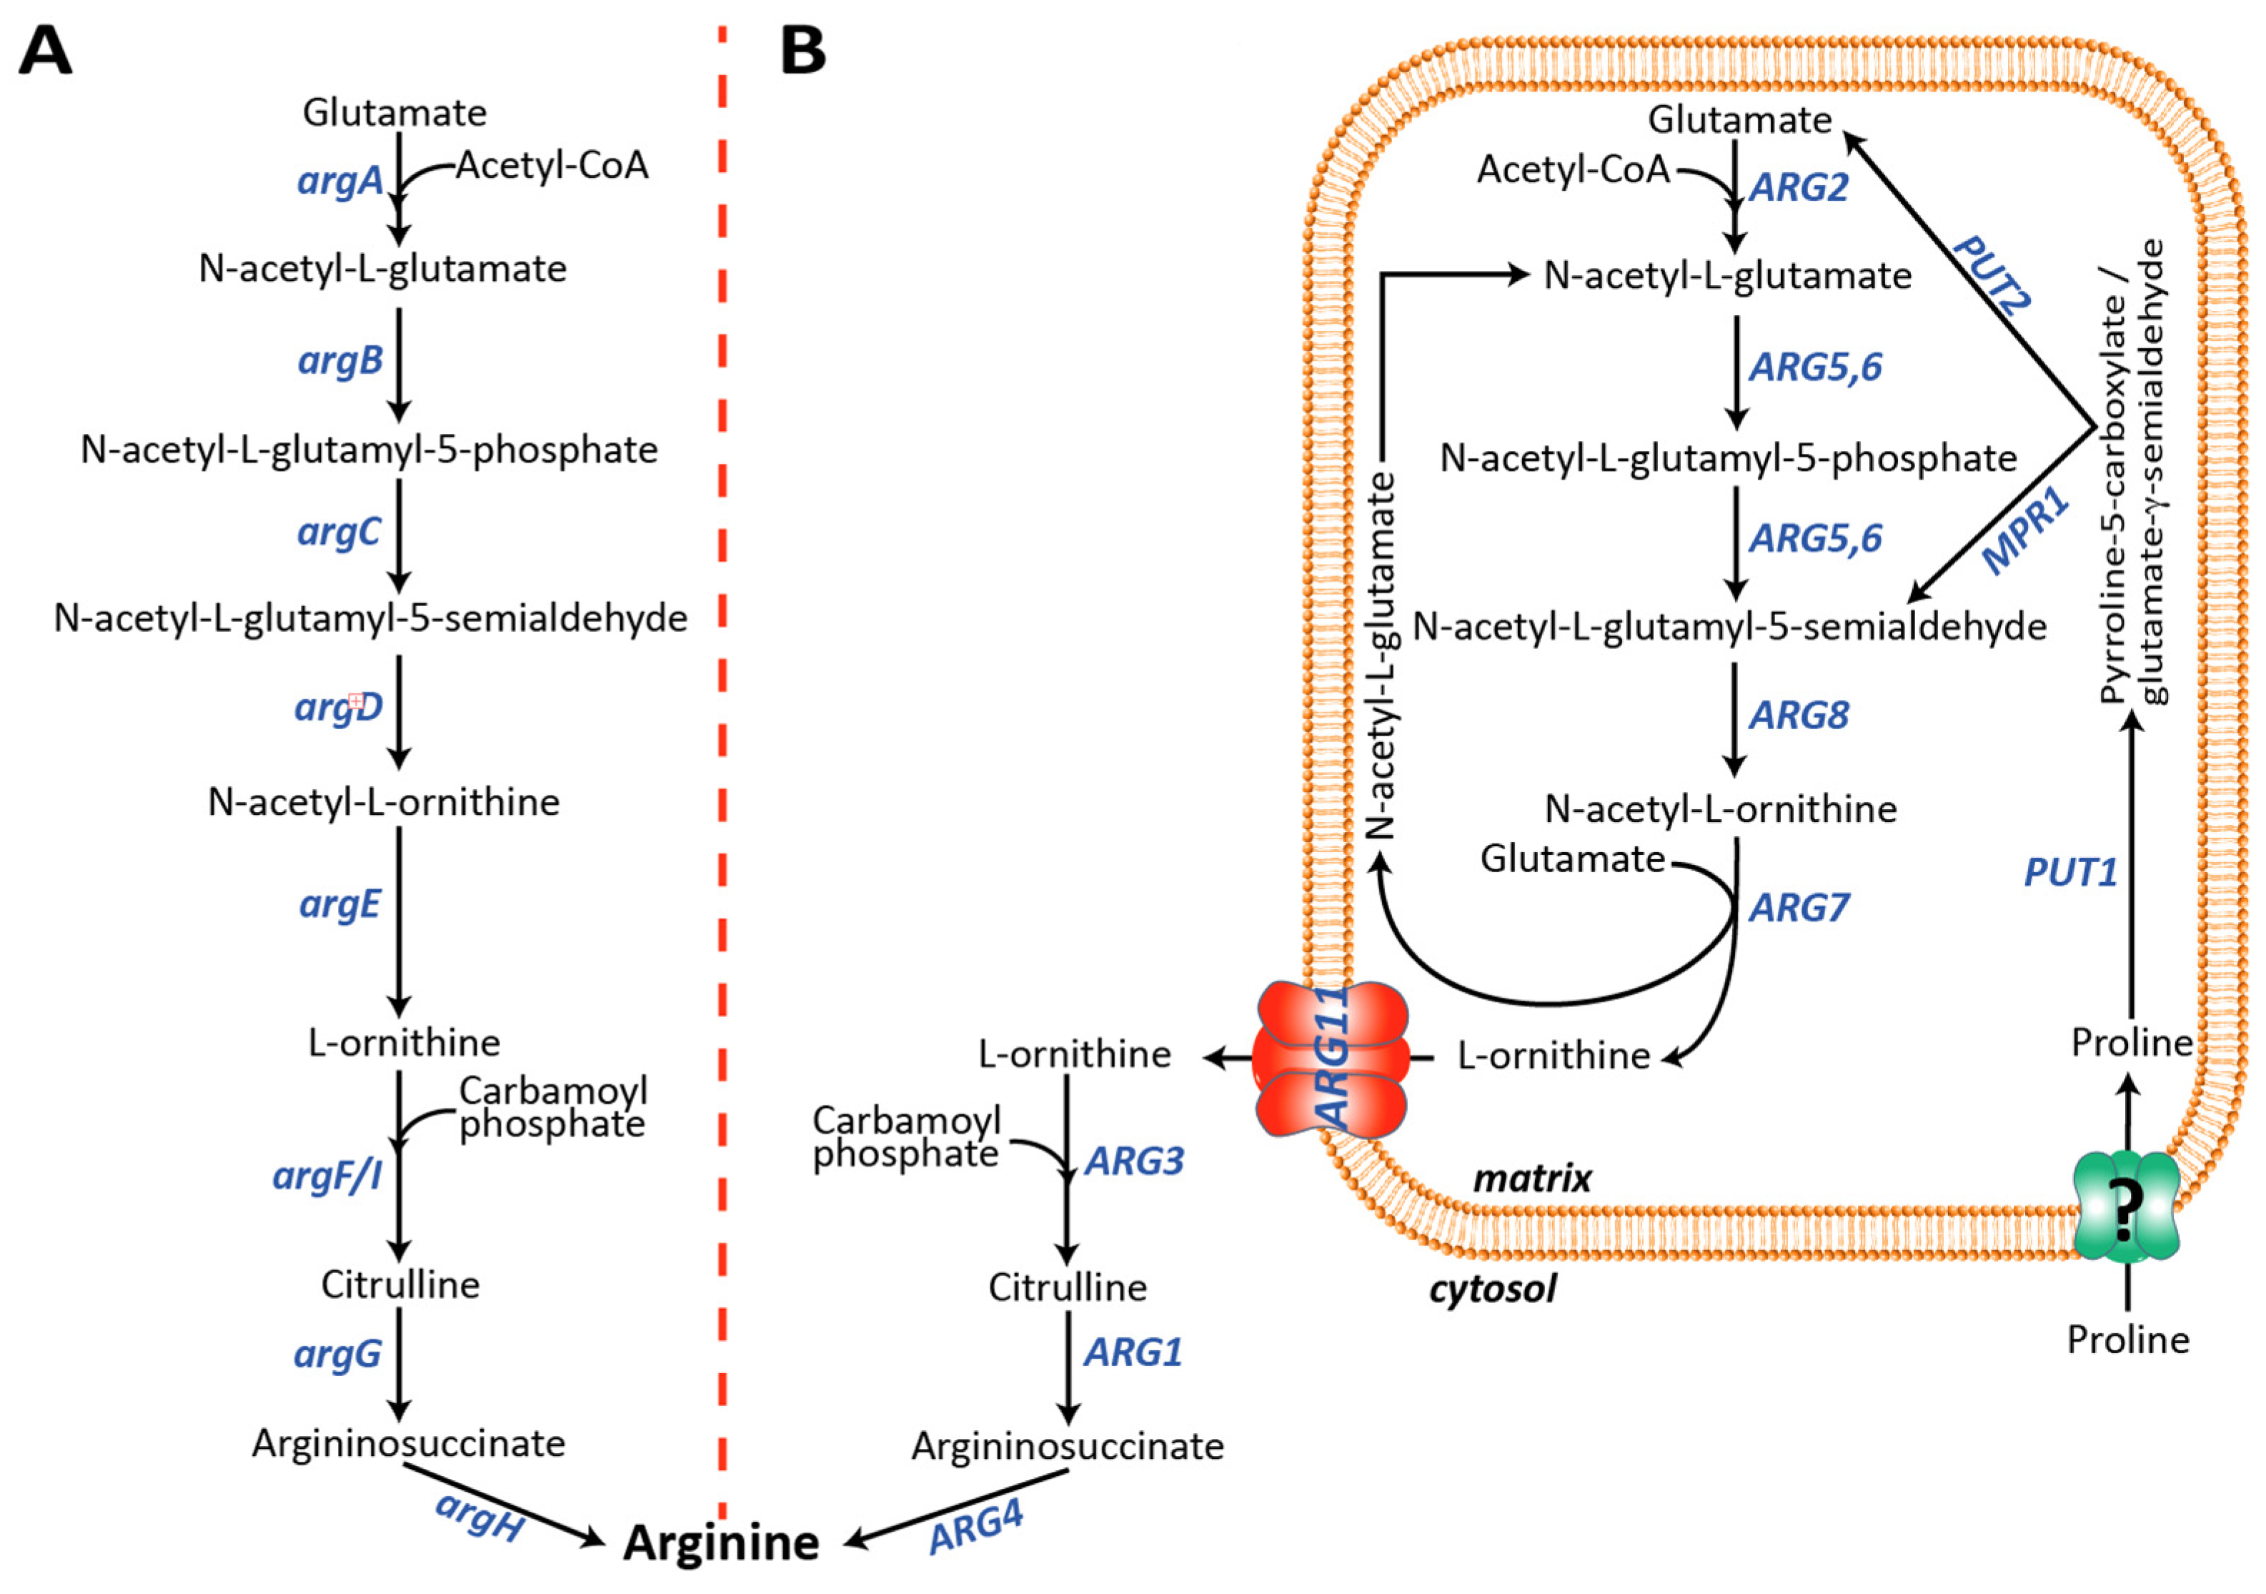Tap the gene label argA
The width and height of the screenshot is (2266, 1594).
(x=339, y=181)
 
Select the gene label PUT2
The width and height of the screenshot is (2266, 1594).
(x=1992, y=274)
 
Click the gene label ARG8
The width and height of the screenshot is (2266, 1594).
(x=1798, y=716)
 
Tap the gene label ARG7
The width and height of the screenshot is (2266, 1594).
(x=1798, y=907)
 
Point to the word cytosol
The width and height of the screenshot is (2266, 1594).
(x=1491, y=1288)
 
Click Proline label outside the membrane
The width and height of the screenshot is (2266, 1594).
(x=2128, y=1340)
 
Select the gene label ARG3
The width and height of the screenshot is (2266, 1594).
(x=1133, y=1162)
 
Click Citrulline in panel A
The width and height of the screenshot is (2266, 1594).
(x=399, y=1284)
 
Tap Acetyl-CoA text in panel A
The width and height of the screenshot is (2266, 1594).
(x=552, y=165)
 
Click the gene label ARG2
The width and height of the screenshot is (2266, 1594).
(x=1798, y=187)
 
